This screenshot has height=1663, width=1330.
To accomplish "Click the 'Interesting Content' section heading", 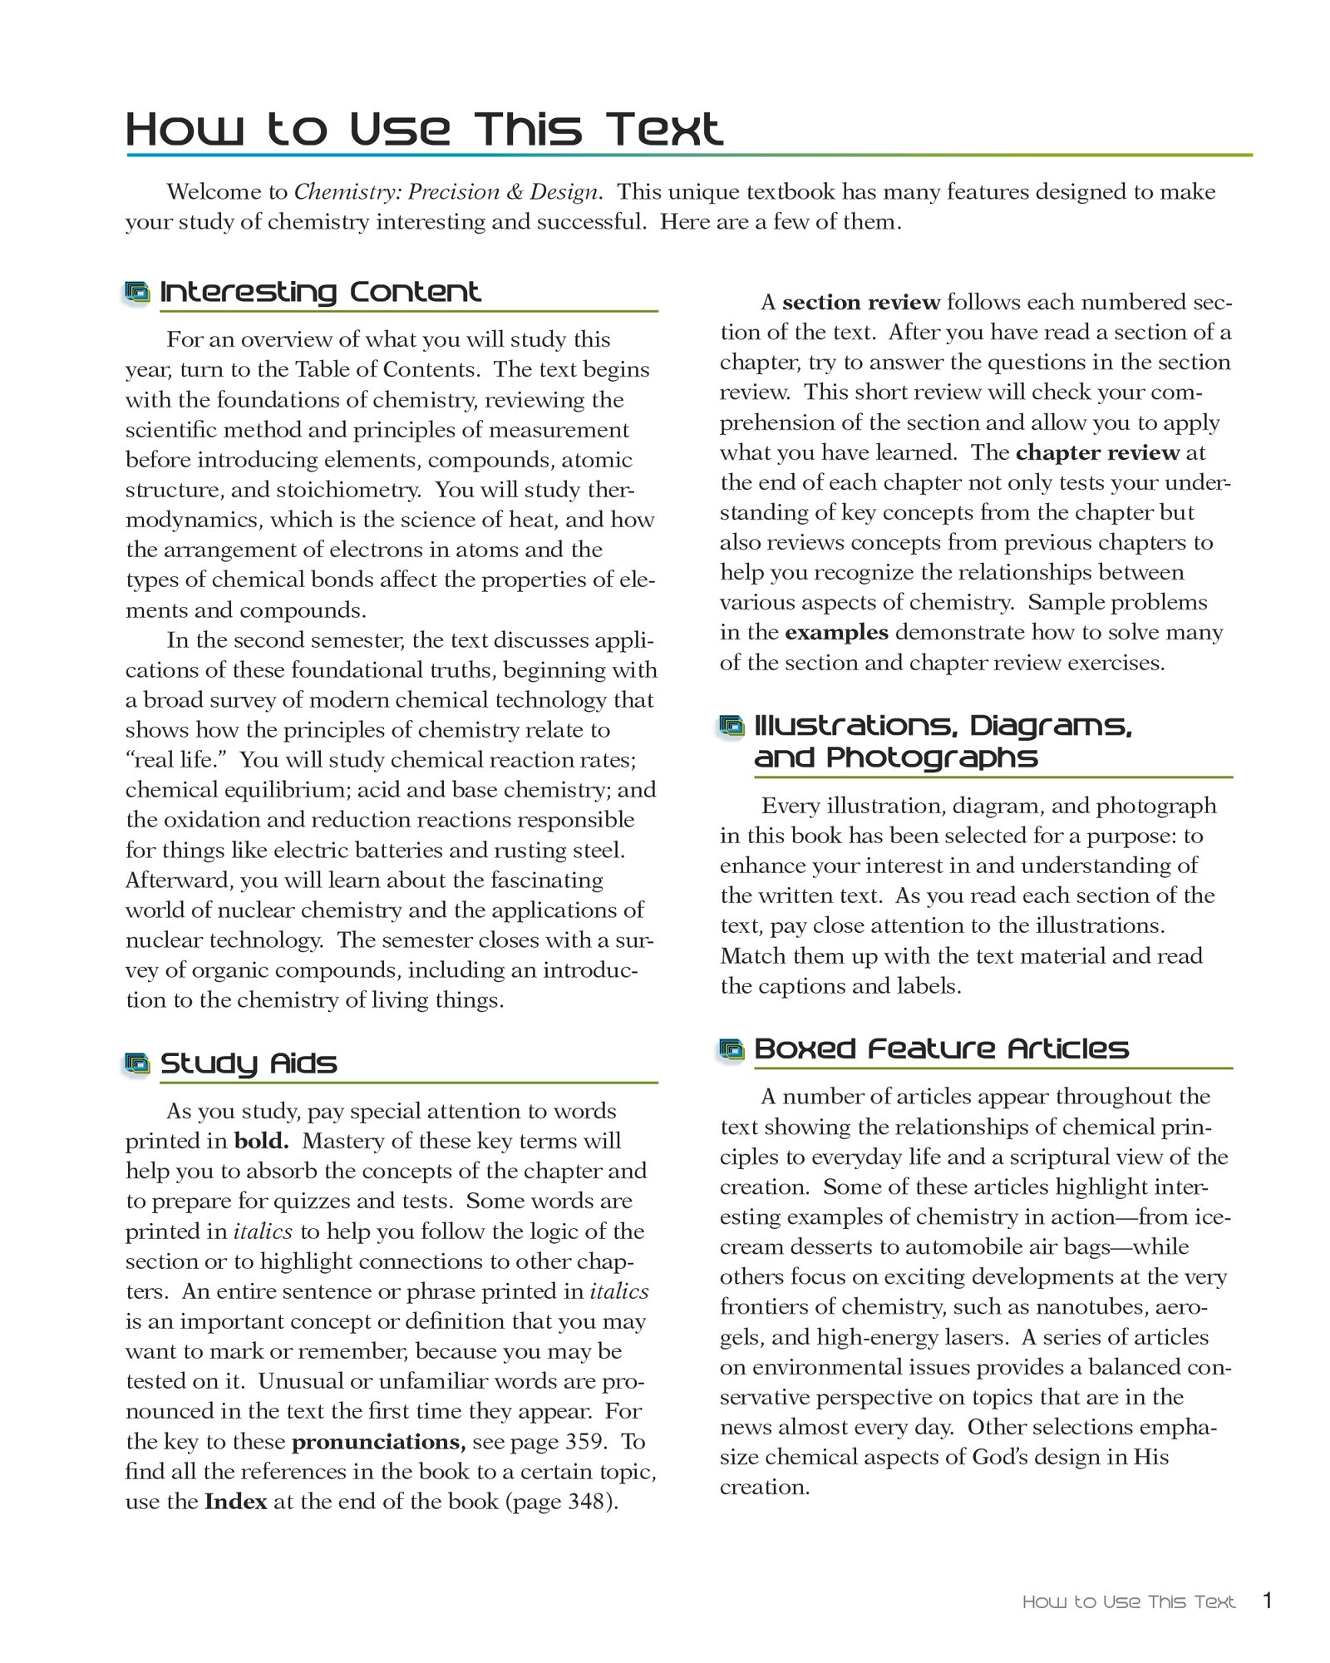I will click(x=320, y=292).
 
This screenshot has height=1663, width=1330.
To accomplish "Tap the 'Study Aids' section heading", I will click(x=249, y=1063).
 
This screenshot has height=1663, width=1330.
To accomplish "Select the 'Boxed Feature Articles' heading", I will click(x=941, y=1049).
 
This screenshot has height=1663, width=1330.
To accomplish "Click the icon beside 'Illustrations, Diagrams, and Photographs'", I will click(x=731, y=727).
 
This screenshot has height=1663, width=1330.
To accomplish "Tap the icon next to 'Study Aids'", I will click(x=137, y=1063).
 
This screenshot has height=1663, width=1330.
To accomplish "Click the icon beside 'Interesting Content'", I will click(x=137, y=292).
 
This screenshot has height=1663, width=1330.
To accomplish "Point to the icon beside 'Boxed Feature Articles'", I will click(x=731, y=1050).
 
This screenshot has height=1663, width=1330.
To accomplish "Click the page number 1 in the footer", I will click(x=1268, y=1600).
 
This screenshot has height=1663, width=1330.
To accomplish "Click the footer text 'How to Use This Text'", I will click(x=1128, y=1601).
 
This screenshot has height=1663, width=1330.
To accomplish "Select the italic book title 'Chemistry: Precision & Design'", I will click(x=446, y=192).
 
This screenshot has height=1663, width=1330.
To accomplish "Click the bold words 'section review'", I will click(x=861, y=302).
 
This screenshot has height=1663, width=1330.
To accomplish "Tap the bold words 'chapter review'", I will click(x=1097, y=452).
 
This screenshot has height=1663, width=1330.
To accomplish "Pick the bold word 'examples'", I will click(x=836, y=633).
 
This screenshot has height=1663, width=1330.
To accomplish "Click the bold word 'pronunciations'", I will click(x=378, y=1441).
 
